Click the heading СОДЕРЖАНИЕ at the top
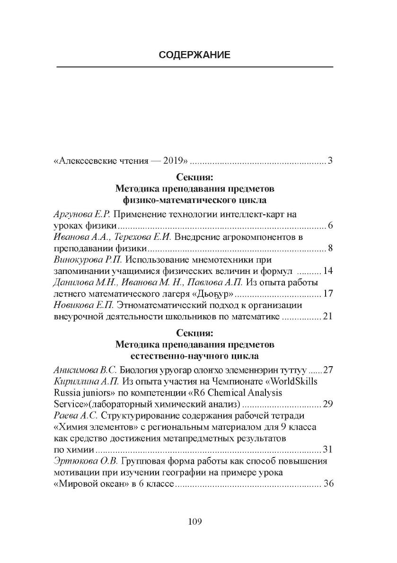pos(194,55)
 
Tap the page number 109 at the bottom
pos(195,522)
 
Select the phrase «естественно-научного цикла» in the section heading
pos(194,354)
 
